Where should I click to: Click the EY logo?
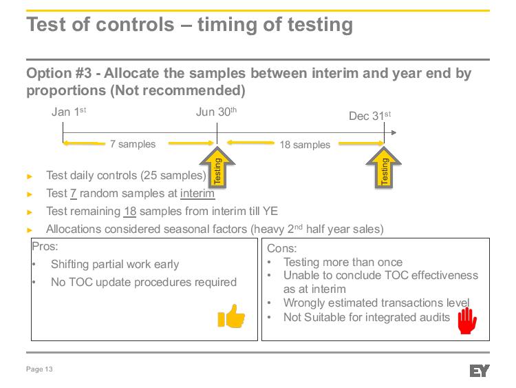(480, 371)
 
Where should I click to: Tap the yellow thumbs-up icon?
(231, 316)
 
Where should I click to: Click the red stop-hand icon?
(467, 320)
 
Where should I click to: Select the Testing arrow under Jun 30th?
(217, 167)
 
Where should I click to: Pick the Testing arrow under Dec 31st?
(384, 167)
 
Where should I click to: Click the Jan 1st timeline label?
(69, 112)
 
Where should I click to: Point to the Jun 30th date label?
(216, 112)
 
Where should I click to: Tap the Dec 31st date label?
(370, 116)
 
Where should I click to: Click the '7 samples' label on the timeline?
(133, 144)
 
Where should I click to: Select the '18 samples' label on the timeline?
(305, 145)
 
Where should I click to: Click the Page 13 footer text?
(39, 369)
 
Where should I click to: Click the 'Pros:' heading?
(45, 246)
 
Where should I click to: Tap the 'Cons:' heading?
(281, 248)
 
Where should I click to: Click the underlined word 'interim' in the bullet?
(197, 193)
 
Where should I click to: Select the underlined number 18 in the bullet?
(130, 212)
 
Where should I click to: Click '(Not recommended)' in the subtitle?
(178, 91)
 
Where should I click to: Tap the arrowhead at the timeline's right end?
(394, 132)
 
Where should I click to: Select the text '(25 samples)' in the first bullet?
(173, 175)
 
